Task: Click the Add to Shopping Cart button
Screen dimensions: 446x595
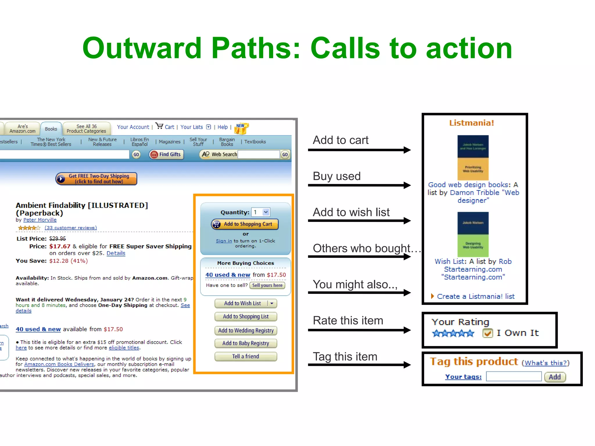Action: tap(245, 224)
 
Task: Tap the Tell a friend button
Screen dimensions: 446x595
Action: tap(245, 356)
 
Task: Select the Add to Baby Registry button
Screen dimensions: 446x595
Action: tap(245, 343)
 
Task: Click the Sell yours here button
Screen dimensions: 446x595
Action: tap(267, 285)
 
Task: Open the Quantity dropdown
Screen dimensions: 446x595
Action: tap(266, 212)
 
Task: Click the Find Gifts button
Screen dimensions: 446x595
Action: tap(166, 154)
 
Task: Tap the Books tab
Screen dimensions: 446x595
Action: tap(51, 129)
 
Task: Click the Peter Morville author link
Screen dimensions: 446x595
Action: tap(40, 220)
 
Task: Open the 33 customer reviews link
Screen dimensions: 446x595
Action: tap(71, 228)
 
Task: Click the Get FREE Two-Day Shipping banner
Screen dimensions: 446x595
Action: tap(96, 179)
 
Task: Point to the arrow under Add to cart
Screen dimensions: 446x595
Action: tap(359, 150)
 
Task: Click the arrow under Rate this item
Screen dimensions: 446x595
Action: tap(359, 330)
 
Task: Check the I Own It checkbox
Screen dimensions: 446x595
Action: tap(488, 333)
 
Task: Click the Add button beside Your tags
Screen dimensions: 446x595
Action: tap(555, 377)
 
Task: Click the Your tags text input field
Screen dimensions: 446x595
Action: tap(513, 377)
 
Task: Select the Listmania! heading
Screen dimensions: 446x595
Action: tap(472, 123)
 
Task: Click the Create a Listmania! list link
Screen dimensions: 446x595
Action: tap(475, 296)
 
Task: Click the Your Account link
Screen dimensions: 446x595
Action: tap(133, 127)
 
